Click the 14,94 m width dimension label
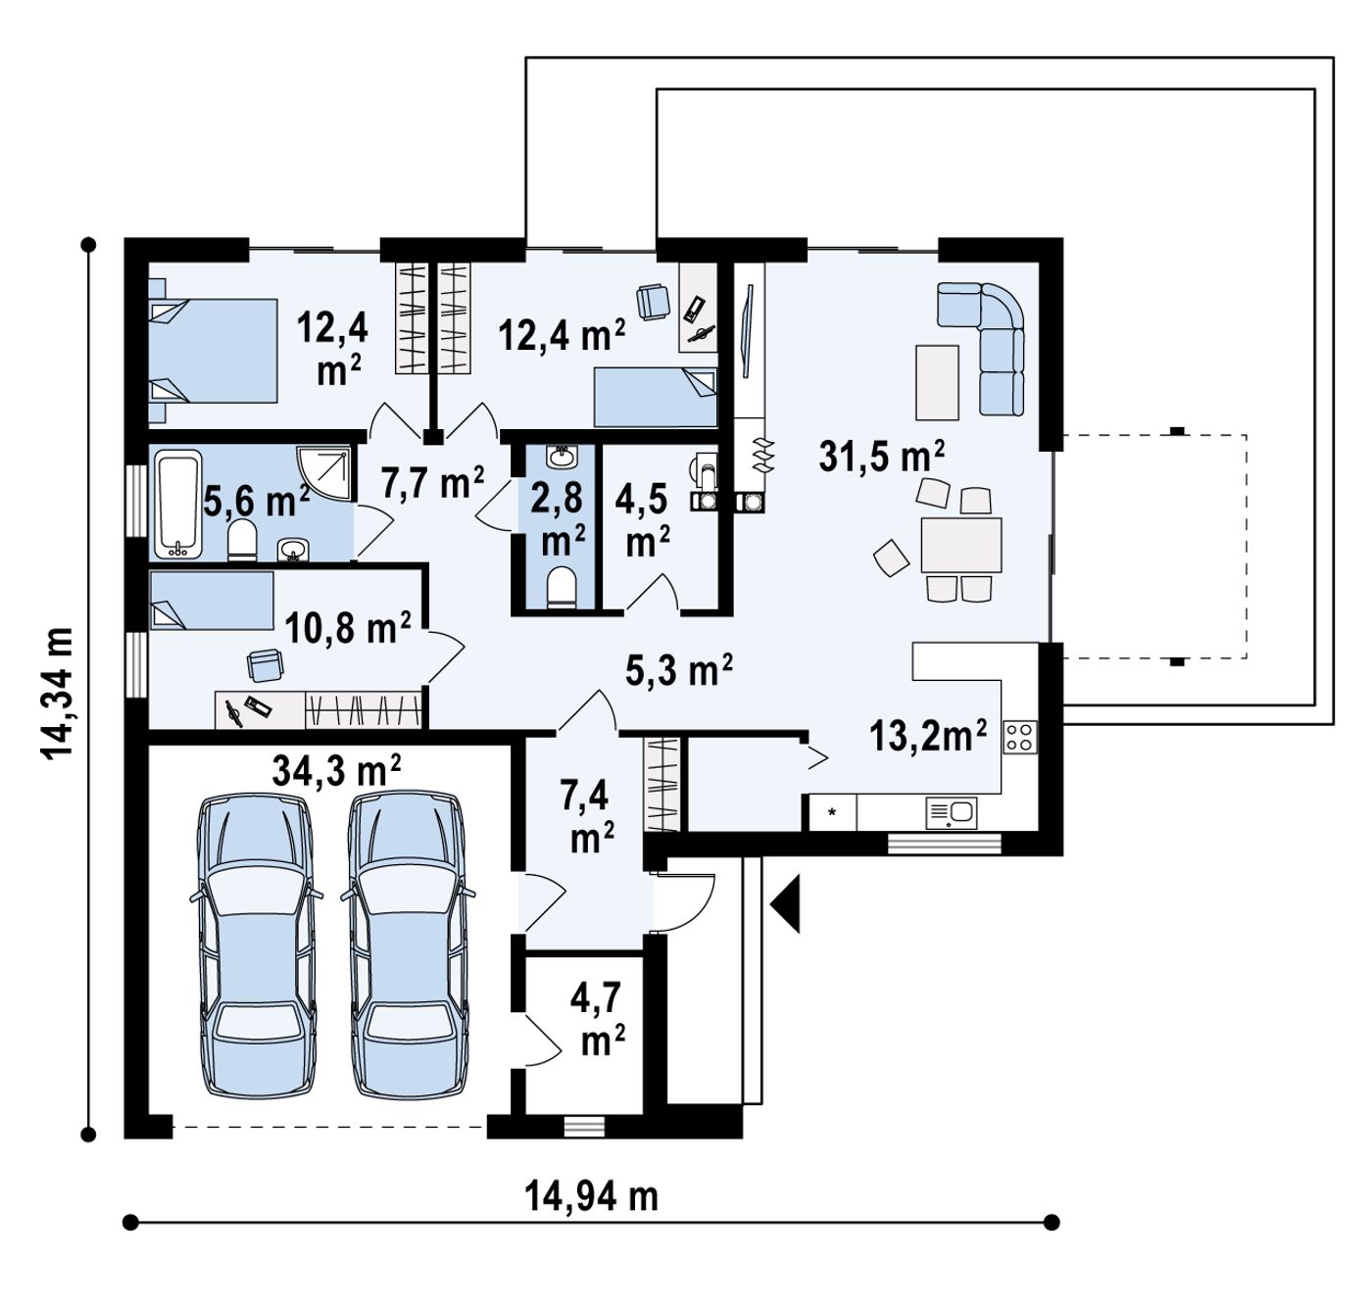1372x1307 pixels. [591, 1196]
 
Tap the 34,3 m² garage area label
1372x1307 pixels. [336, 770]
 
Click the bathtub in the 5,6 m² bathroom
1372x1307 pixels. [178, 505]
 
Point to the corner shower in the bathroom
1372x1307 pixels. [323, 472]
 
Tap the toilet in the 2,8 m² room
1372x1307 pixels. [562, 587]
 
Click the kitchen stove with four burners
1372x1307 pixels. [1019, 737]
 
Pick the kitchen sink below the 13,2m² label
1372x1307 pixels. [951, 812]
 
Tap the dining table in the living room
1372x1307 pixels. [960, 545]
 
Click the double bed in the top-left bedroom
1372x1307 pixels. [213, 351]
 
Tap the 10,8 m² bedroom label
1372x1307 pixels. [348, 627]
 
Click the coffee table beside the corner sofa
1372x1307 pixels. [937, 382]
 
